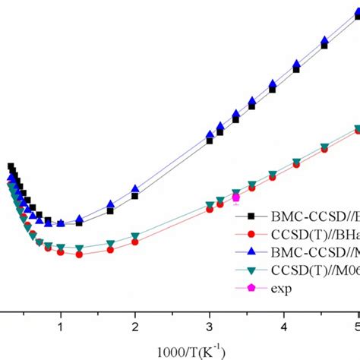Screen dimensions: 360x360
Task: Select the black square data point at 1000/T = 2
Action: tap(135, 196)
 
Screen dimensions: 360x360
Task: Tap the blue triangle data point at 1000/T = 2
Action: tap(135, 188)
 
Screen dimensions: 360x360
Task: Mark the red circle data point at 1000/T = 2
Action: tap(135, 242)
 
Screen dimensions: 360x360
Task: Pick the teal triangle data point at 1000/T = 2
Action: tap(135, 236)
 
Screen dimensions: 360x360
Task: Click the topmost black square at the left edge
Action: tap(11, 167)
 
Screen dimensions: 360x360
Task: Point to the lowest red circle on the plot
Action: tap(79, 254)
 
